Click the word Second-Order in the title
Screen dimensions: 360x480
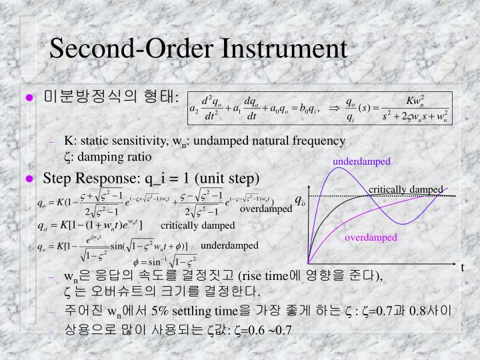click(x=125, y=49)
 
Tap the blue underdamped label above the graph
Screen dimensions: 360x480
click(x=361, y=162)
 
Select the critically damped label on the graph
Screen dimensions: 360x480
click(x=405, y=189)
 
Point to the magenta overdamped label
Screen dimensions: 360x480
click(x=371, y=237)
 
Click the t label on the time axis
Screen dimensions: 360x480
click(x=462, y=267)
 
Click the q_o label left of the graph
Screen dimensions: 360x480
click(x=300, y=201)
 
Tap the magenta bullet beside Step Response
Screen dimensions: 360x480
click(x=29, y=179)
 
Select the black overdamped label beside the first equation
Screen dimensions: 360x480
click(x=266, y=209)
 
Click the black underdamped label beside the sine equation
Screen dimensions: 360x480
click(x=229, y=245)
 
